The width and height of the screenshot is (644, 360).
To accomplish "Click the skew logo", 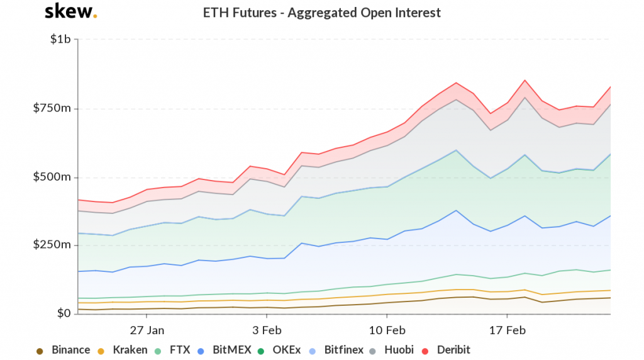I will point(70,11).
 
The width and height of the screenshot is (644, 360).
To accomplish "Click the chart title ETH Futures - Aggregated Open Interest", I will point(322,13).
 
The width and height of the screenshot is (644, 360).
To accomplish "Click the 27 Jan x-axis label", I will point(147,330).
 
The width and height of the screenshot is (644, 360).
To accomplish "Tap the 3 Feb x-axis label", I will point(267,330).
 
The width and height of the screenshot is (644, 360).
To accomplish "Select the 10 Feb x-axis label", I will point(386,330).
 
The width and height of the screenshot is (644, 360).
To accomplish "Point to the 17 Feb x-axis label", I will point(507,330).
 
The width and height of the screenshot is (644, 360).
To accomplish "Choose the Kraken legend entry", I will point(123,350).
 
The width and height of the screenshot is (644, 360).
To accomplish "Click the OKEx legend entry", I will point(279,350).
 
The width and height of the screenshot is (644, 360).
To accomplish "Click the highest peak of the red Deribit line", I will point(525,80).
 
